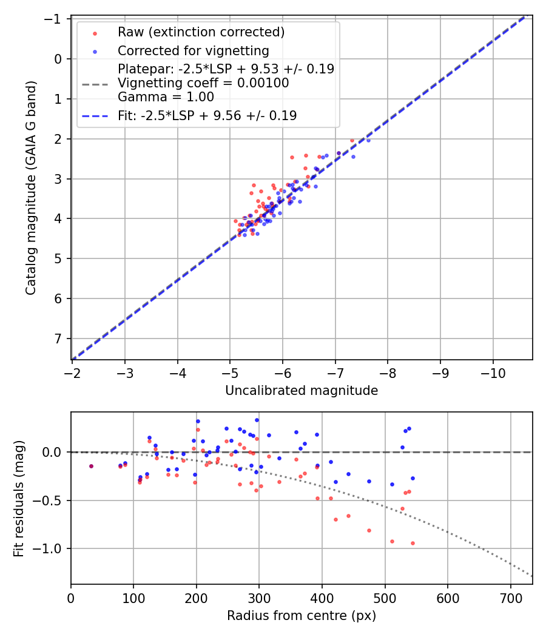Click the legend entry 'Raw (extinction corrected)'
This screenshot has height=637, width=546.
201,32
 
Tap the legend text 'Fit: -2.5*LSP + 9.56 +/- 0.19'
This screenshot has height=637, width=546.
207,115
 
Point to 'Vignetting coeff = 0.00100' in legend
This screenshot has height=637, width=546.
203,83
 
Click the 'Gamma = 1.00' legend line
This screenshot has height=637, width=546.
166,96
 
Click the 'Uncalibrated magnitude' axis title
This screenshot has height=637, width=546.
302,391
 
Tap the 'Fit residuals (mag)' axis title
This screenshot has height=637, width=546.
19,499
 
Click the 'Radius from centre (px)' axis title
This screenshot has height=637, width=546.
302,616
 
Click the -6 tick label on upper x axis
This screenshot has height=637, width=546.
283,371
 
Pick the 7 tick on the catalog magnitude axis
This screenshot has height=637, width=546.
59,339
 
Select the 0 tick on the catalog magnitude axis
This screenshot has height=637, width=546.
59,59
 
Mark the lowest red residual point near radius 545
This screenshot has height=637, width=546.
413,543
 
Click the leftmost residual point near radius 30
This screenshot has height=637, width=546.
91,466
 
